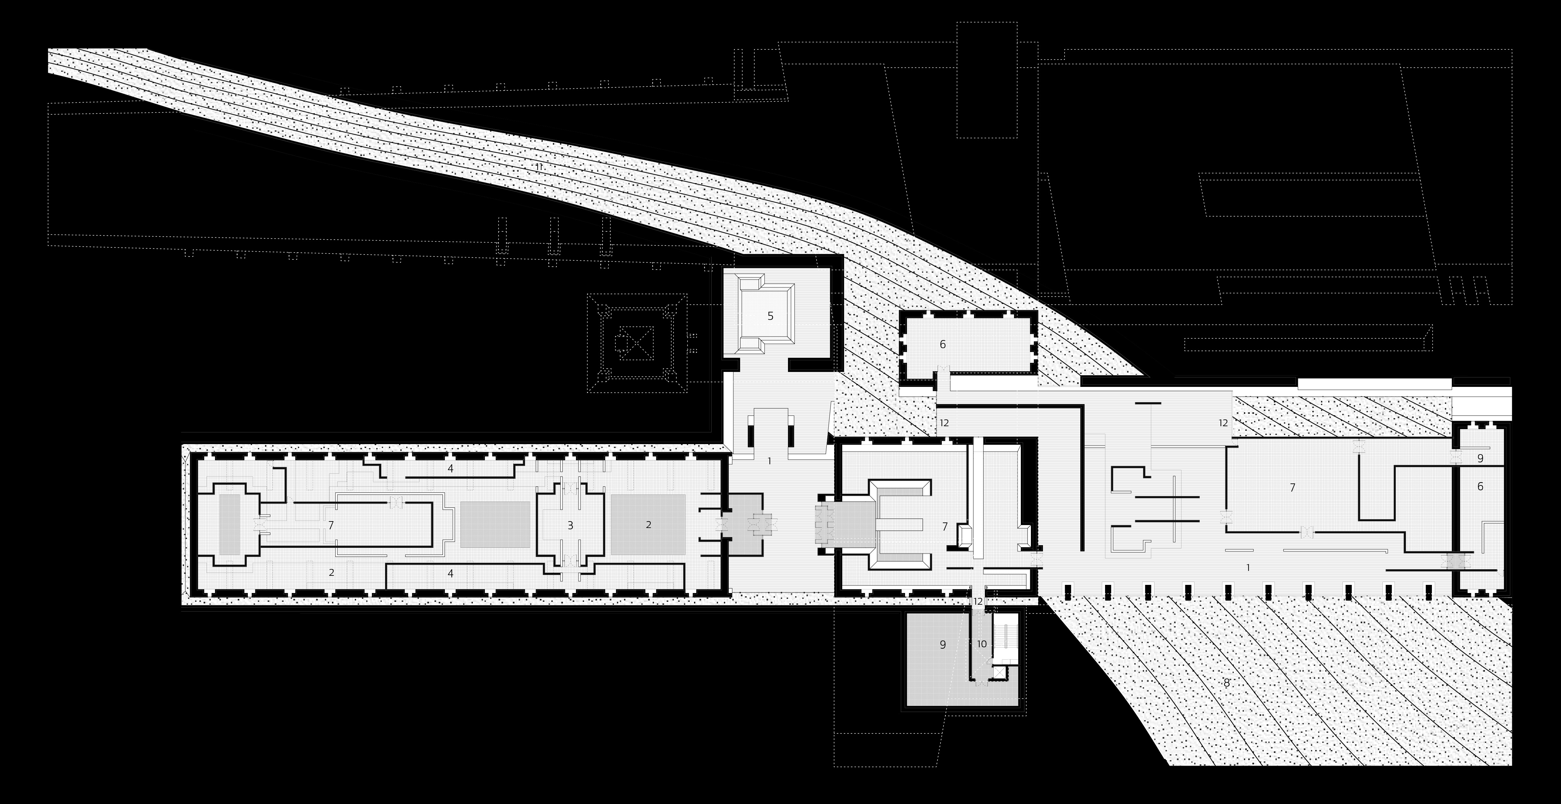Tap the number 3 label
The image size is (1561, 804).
[570, 525]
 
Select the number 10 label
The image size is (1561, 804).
[982, 644]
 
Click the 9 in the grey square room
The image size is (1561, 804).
[942, 645]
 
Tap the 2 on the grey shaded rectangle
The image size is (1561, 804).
[648, 525]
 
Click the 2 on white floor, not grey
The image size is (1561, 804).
[331, 572]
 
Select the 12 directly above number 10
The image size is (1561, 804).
[978, 602]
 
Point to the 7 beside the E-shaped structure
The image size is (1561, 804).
[945, 526]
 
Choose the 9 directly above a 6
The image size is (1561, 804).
[1480, 459]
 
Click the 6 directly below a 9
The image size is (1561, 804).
[1480, 486]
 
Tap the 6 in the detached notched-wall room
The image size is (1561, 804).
[942, 344]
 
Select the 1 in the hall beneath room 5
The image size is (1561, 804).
[769, 461]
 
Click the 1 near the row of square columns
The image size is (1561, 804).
[1248, 568]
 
